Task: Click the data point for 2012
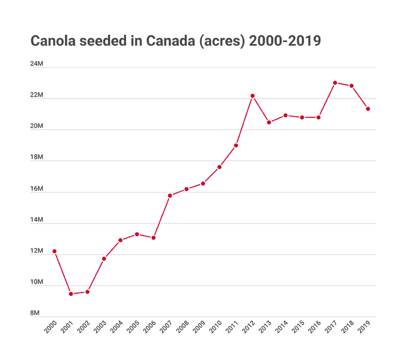pos(253,96)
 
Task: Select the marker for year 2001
pos(71,294)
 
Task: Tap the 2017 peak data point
pos(335,83)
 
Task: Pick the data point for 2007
pos(170,196)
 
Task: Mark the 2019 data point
pos(368,109)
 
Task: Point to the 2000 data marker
pos(54,251)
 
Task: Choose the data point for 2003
pos(104,258)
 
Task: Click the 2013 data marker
pos(269,122)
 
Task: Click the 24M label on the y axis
pos(36,64)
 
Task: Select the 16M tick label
pos(36,189)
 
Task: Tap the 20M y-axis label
pos(36,126)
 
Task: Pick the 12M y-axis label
pos(36,251)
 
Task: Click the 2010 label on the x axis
pos(216,328)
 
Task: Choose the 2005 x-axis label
pos(133,328)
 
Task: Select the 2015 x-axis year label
pos(298,328)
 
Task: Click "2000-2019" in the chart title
pos(285,41)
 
